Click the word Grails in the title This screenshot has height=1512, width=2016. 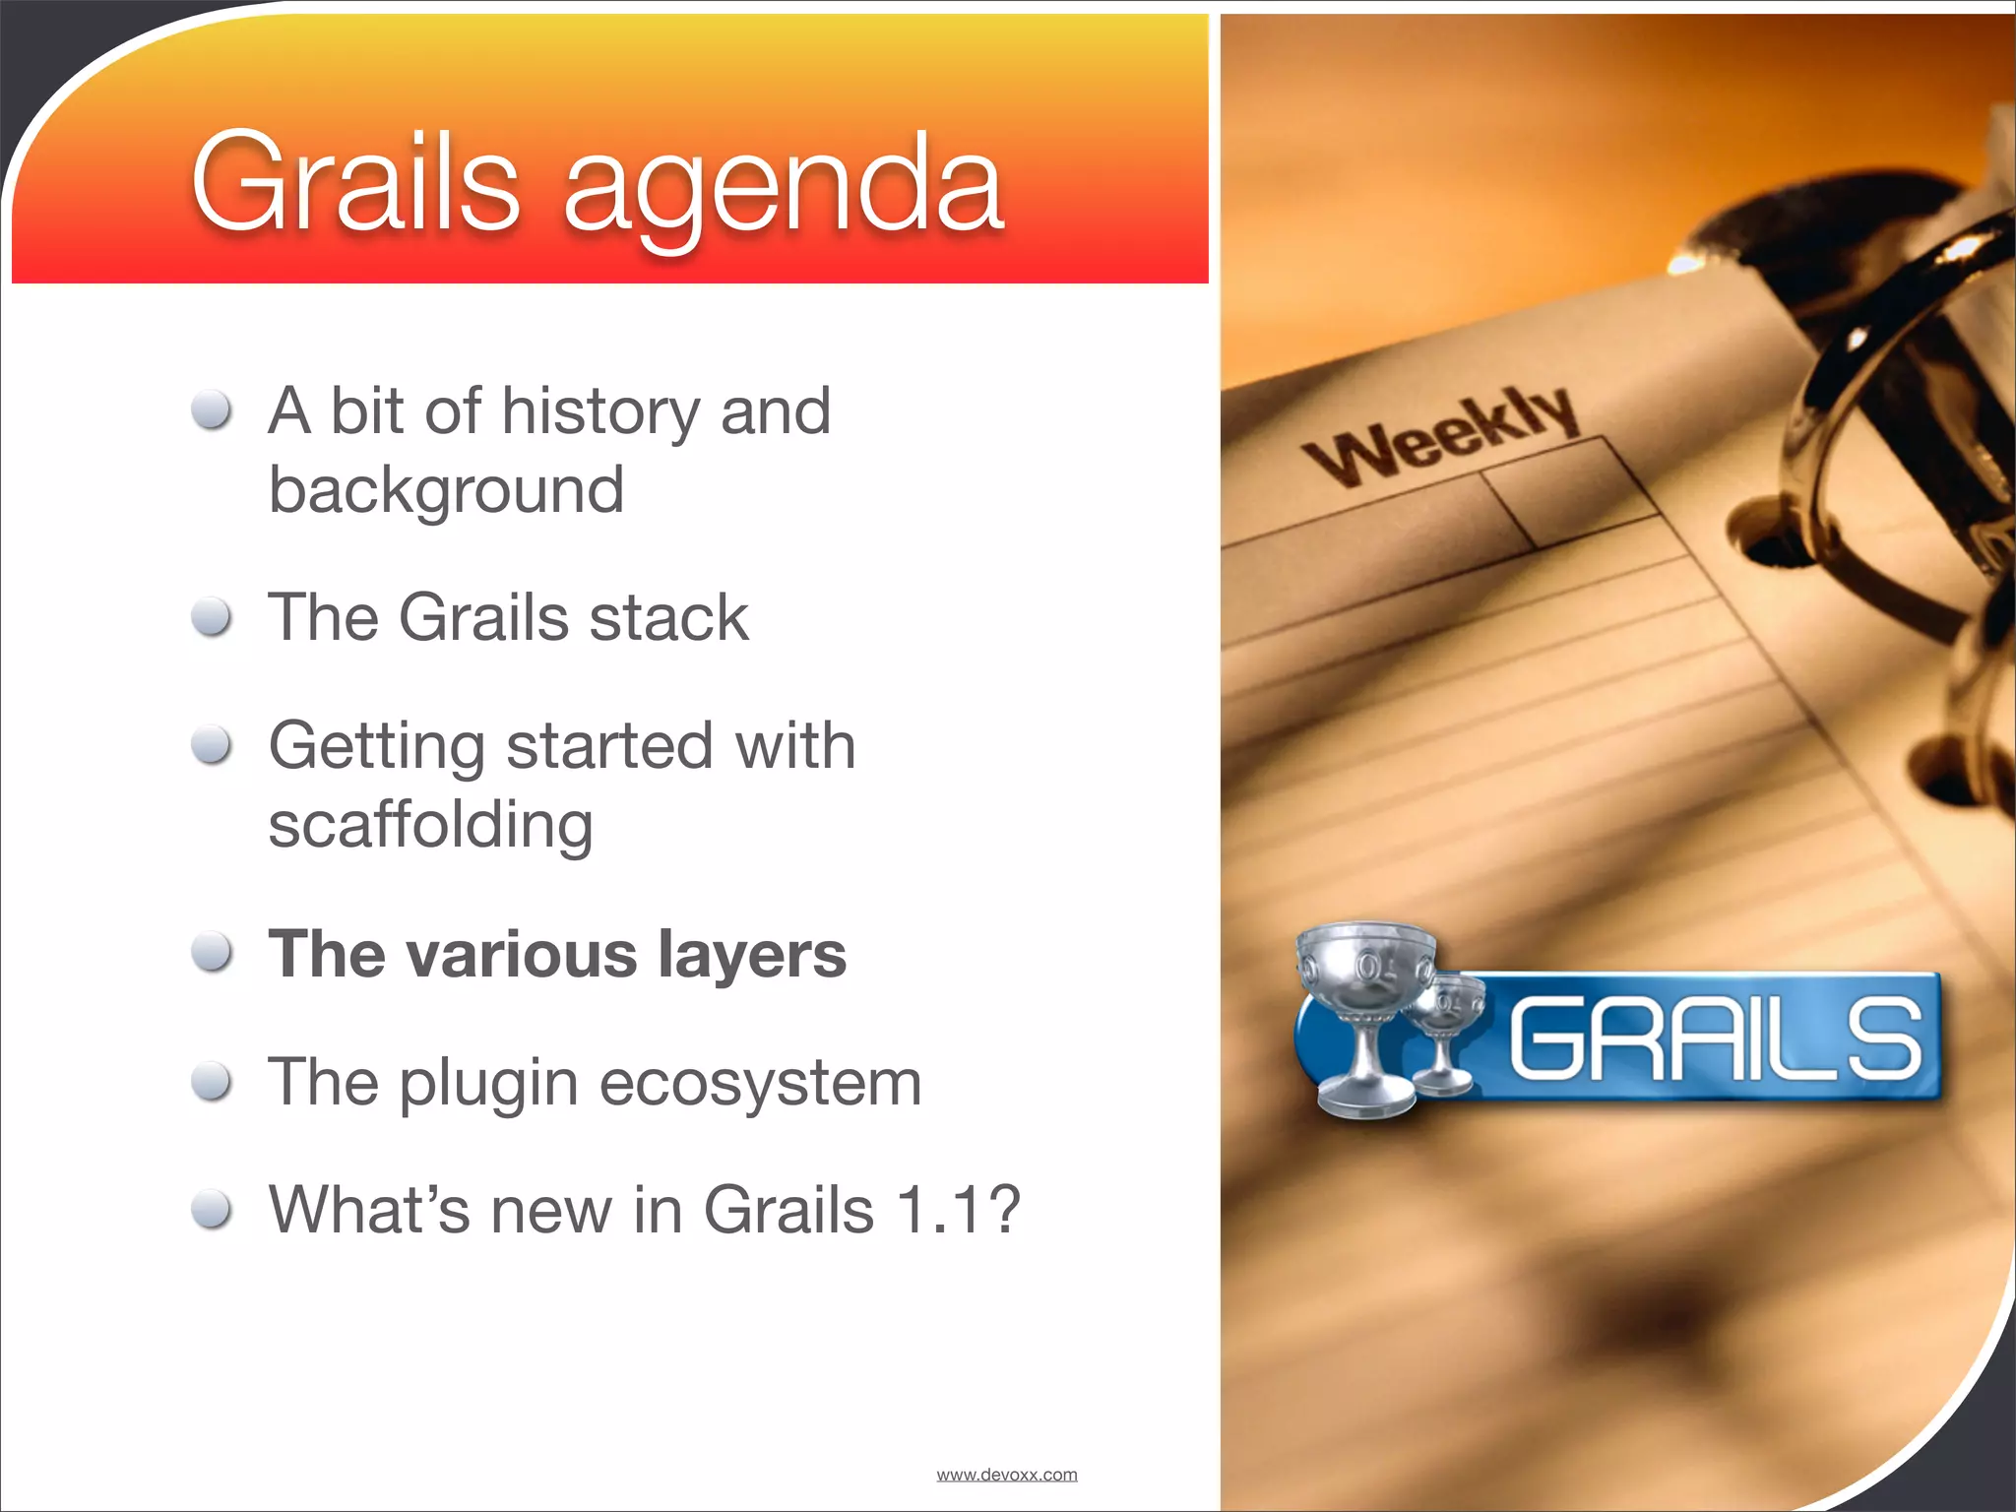(x=354, y=183)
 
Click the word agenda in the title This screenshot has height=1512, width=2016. (x=783, y=189)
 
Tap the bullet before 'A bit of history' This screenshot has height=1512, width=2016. (x=212, y=410)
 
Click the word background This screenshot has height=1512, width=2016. (x=446, y=491)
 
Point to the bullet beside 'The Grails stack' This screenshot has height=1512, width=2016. (x=212, y=618)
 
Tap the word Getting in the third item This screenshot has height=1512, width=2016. (x=376, y=747)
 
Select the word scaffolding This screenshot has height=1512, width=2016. (x=430, y=824)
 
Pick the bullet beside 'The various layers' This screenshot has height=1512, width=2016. (x=212, y=953)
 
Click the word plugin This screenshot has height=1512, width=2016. (x=488, y=1084)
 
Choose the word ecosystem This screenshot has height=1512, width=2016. (x=760, y=1084)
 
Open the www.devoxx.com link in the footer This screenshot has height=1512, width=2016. (x=1006, y=1475)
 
